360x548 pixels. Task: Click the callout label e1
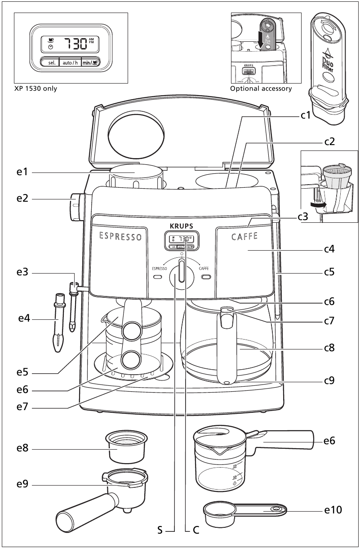pos(22,172)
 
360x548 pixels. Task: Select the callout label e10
pos(333,510)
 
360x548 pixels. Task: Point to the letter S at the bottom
pos(160,530)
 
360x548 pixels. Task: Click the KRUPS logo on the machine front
pos(181,226)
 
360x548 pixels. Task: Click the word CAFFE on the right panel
pos(244,237)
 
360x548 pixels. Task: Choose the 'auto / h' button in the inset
pos(70,62)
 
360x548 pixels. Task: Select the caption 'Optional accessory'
pos(261,88)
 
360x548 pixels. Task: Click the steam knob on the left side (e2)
pos(74,206)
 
